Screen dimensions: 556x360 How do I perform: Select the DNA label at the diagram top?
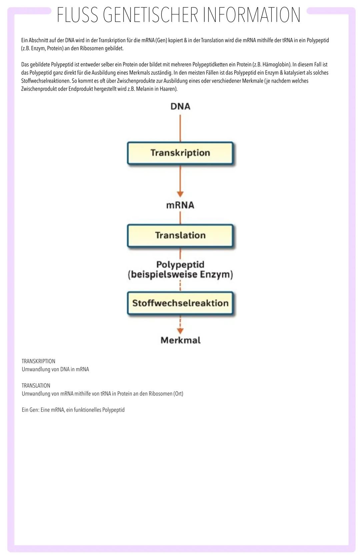(x=180, y=106)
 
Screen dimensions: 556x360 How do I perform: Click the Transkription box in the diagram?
(x=180, y=153)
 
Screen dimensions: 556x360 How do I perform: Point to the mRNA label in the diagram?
(x=180, y=205)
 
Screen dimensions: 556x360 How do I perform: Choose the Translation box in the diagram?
(x=180, y=236)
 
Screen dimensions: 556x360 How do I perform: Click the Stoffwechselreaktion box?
(x=180, y=303)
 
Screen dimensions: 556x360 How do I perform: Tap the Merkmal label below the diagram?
(x=180, y=340)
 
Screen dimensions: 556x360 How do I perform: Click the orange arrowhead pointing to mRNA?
(x=180, y=194)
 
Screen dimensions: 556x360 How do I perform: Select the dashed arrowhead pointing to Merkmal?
(x=180, y=331)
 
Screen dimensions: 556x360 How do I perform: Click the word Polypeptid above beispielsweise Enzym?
(x=180, y=265)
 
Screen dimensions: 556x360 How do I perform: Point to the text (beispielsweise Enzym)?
(x=180, y=275)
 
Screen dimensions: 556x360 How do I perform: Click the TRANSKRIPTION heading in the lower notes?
(x=38, y=361)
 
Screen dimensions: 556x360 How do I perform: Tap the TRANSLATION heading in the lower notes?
(x=36, y=385)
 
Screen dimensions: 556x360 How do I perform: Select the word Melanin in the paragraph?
(x=145, y=89)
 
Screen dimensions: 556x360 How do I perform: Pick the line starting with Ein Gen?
(x=73, y=410)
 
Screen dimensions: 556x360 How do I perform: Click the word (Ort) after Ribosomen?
(x=178, y=393)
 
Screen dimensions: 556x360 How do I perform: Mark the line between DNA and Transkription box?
(x=180, y=128)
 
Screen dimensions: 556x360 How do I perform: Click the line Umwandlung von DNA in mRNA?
(x=55, y=369)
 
